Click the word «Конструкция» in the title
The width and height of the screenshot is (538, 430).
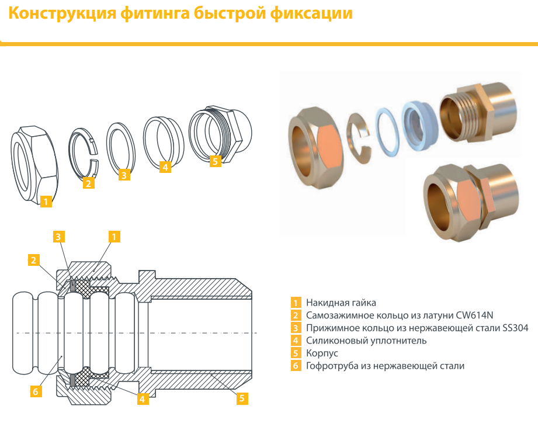pyautogui.click(x=63, y=13)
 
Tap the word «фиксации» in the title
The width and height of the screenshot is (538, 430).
pyautogui.click(x=311, y=13)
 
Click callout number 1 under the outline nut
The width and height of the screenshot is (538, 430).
pyautogui.click(x=46, y=202)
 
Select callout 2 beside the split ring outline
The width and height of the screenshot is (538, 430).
pyautogui.click(x=89, y=183)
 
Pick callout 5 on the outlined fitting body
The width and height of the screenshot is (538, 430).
pyautogui.click(x=215, y=161)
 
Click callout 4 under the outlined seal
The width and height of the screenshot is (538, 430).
pyautogui.click(x=165, y=167)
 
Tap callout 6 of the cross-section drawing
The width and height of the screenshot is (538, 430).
pyautogui.click(x=36, y=391)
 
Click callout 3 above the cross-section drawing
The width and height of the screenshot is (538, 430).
pyautogui.click(x=58, y=237)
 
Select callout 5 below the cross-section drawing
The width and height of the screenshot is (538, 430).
pyautogui.click(x=242, y=398)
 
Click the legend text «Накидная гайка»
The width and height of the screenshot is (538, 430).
pyautogui.click(x=341, y=303)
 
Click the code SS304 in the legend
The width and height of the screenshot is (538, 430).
pyautogui.click(x=515, y=328)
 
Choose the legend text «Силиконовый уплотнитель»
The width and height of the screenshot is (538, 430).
pyautogui.click(x=366, y=341)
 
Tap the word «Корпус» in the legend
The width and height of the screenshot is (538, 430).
pyautogui.click(x=322, y=353)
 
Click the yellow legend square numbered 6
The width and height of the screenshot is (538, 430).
pyautogui.click(x=296, y=366)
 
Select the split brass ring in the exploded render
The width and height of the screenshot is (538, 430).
pyautogui.click(x=359, y=138)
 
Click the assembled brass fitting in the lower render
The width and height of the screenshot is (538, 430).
pyautogui.click(x=471, y=203)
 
